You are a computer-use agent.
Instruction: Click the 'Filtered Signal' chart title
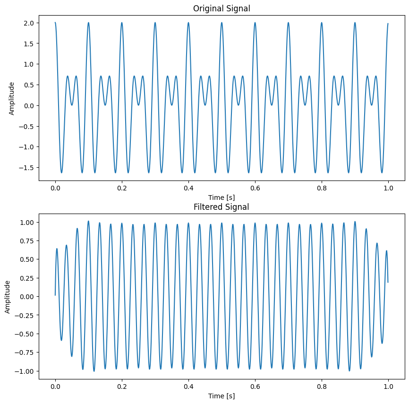(222, 207)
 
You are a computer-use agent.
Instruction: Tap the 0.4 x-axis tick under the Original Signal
(188, 188)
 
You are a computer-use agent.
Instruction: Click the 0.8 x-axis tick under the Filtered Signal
(322, 387)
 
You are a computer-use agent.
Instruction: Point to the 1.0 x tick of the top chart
(388, 188)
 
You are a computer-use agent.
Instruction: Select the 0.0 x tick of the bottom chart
(55, 387)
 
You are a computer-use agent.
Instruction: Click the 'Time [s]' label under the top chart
(222, 197)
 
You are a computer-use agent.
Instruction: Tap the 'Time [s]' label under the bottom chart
(222, 396)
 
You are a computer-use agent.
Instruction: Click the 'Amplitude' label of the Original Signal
(12, 98)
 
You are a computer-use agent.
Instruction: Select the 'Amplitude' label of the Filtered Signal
(8, 297)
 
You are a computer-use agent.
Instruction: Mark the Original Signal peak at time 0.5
(222, 23)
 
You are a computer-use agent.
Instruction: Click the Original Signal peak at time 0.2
(122, 23)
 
